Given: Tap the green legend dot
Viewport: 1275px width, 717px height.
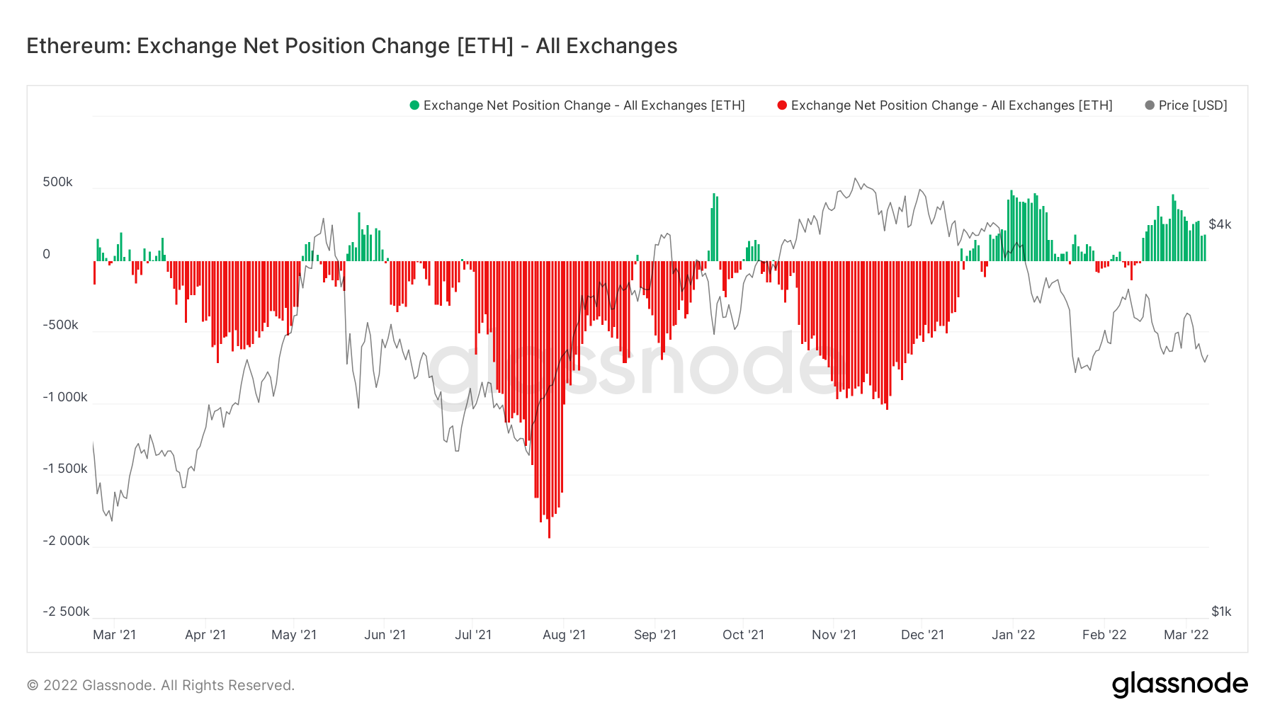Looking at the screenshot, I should tap(414, 105).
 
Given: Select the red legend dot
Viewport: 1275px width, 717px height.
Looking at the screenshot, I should tap(782, 105).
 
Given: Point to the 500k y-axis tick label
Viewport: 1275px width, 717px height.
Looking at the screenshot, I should tap(57, 182).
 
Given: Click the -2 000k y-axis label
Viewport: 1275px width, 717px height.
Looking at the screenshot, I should tap(66, 541).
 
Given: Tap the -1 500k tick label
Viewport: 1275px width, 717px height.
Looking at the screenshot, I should tap(65, 469).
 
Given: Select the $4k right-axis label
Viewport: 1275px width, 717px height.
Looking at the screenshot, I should tap(1220, 224).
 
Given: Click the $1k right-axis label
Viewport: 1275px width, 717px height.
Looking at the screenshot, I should tap(1221, 612).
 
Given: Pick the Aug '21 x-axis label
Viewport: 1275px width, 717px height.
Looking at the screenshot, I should tap(564, 635).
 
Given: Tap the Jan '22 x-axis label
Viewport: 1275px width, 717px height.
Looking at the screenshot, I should tap(1013, 635).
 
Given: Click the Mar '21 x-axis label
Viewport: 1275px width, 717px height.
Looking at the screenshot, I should tap(114, 635).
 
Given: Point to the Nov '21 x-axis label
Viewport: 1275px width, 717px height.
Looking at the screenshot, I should tap(834, 635).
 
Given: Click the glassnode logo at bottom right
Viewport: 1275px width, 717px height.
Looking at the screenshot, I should tap(1179, 684).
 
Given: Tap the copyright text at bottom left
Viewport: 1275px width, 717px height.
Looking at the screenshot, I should tap(161, 685).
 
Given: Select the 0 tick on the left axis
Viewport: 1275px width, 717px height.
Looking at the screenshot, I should tap(47, 254).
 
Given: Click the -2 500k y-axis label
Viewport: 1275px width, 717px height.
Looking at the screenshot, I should tap(66, 612).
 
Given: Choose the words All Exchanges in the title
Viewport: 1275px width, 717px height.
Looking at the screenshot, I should tap(606, 46).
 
